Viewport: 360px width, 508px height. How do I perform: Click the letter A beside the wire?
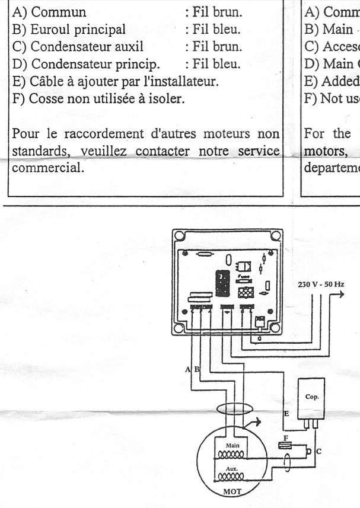click(x=188, y=369)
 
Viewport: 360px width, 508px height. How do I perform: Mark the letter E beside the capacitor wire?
click(x=286, y=414)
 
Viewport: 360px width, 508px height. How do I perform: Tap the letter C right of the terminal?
click(x=319, y=451)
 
